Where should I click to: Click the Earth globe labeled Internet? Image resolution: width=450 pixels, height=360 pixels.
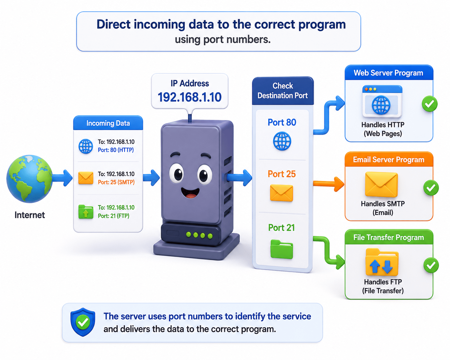pos(29,179)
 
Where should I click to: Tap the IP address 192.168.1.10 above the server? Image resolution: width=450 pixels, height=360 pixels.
pos(190,97)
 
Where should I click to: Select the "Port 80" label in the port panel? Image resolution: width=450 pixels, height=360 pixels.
pos(282,122)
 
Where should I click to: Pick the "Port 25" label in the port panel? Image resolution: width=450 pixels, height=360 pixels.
pos(282,174)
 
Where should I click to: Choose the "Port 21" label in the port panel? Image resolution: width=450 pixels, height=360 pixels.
pos(281,228)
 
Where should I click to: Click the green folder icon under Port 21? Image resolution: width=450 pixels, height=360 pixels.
pos(282,249)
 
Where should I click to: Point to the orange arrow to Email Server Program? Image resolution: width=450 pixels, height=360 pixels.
pos(328,184)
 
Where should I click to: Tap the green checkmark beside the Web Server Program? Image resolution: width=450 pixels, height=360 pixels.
pos(430,104)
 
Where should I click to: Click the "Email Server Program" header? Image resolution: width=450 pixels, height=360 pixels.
pos(389,160)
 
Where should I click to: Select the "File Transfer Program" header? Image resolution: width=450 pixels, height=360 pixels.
pos(389,237)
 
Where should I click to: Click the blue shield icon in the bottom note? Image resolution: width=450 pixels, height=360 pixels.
pos(83,322)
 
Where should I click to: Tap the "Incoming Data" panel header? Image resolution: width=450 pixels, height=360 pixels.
pos(108,123)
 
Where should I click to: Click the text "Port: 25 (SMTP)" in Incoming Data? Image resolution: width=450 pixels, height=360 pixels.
pos(116,182)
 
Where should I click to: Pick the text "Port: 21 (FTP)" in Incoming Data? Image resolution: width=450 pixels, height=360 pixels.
pos(114,216)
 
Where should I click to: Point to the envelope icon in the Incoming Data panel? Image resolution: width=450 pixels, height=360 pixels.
pos(86,178)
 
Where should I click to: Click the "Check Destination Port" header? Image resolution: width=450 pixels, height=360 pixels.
pos(283,91)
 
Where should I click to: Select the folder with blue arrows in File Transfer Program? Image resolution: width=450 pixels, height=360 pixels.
pos(382,262)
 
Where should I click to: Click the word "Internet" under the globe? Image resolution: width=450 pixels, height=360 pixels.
pos(30,215)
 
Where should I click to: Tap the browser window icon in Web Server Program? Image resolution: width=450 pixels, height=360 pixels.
pos(382,101)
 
